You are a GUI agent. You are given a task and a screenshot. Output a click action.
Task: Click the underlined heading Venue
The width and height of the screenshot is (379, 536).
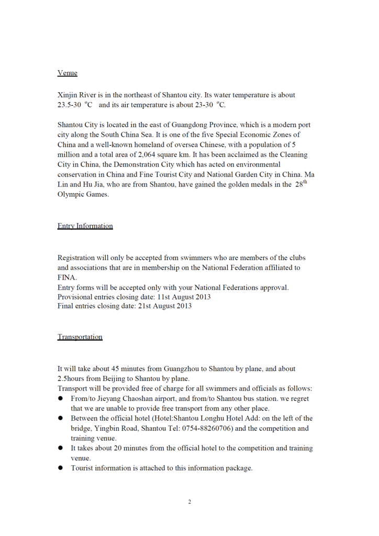(67, 73)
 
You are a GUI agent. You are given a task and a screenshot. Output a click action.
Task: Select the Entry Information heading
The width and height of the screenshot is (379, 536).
(85, 226)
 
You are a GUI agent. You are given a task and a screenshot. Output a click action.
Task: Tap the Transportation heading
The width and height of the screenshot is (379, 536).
(80, 337)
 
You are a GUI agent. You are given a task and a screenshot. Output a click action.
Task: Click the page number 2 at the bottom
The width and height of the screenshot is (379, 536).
(189, 502)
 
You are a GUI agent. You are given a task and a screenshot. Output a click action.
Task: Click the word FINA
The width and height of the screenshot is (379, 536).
(67, 277)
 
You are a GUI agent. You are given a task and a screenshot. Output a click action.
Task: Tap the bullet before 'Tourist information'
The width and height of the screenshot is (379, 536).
(60, 468)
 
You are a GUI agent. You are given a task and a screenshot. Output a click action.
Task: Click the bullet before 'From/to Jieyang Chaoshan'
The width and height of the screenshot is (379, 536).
(60, 398)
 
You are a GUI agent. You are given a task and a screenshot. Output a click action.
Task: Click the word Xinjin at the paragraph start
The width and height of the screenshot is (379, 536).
(68, 95)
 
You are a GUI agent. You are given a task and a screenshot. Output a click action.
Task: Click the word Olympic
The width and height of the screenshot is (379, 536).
(70, 195)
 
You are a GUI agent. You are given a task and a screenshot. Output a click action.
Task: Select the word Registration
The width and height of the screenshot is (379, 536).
(76, 258)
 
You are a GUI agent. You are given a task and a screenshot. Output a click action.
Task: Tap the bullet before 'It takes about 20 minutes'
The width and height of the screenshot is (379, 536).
(60, 448)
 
